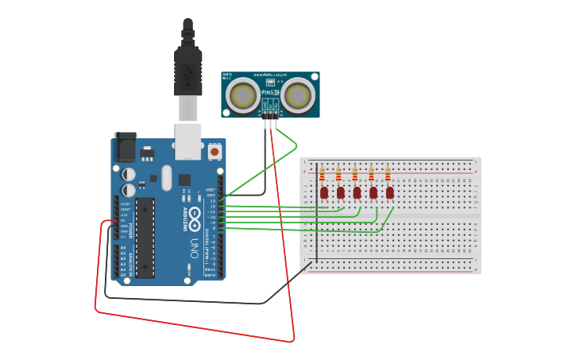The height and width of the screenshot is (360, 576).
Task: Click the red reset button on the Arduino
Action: (x=215, y=151)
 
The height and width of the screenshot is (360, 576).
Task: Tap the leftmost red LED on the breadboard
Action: (x=324, y=192)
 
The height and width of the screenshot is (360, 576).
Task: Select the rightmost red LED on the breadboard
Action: (x=390, y=192)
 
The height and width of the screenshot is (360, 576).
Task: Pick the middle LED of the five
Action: (x=357, y=192)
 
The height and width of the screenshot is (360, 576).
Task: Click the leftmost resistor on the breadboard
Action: (x=322, y=175)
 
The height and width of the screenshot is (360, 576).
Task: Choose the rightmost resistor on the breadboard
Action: (x=388, y=175)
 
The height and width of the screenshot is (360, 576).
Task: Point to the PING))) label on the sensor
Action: (x=271, y=92)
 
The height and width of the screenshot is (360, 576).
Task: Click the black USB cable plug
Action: (x=187, y=72)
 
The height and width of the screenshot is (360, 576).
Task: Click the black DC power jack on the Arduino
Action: (x=124, y=148)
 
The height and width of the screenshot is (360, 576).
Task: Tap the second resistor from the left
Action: (x=338, y=175)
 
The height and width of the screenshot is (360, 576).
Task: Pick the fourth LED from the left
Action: (x=373, y=192)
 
